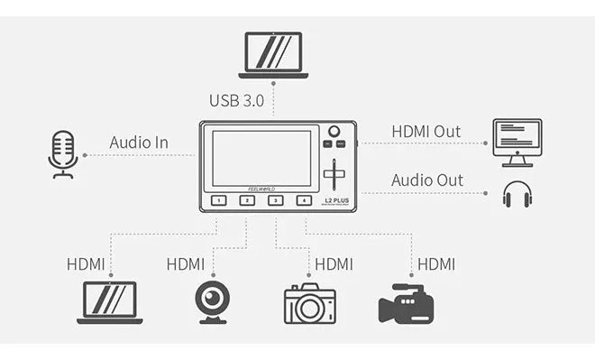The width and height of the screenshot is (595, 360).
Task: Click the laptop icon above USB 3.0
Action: pyautogui.click(x=273, y=55)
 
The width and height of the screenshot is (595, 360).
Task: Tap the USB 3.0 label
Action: pyautogui.click(x=236, y=100)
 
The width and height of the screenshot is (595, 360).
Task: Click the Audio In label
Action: pyautogui.click(x=139, y=143)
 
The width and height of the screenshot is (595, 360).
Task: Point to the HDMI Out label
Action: pyautogui.click(x=426, y=131)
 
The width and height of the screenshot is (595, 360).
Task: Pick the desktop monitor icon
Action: pyautogui.click(x=517, y=142)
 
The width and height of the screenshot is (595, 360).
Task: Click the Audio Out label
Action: pyautogui.click(x=426, y=180)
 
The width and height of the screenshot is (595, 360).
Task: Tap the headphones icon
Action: pyautogui.click(x=517, y=194)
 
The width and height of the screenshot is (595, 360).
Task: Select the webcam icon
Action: pyautogui.click(x=213, y=302)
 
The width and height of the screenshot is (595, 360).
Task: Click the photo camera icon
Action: pyautogui.click(x=310, y=304)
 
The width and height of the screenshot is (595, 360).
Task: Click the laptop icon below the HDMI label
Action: pyautogui.click(x=109, y=302)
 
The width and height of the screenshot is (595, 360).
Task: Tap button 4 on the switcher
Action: pyautogui.click(x=304, y=200)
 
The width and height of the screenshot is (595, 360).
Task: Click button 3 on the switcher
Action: pyautogui.click(x=275, y=200)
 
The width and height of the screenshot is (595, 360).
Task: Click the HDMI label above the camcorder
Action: pyautogui.click(x=436, y=264)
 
